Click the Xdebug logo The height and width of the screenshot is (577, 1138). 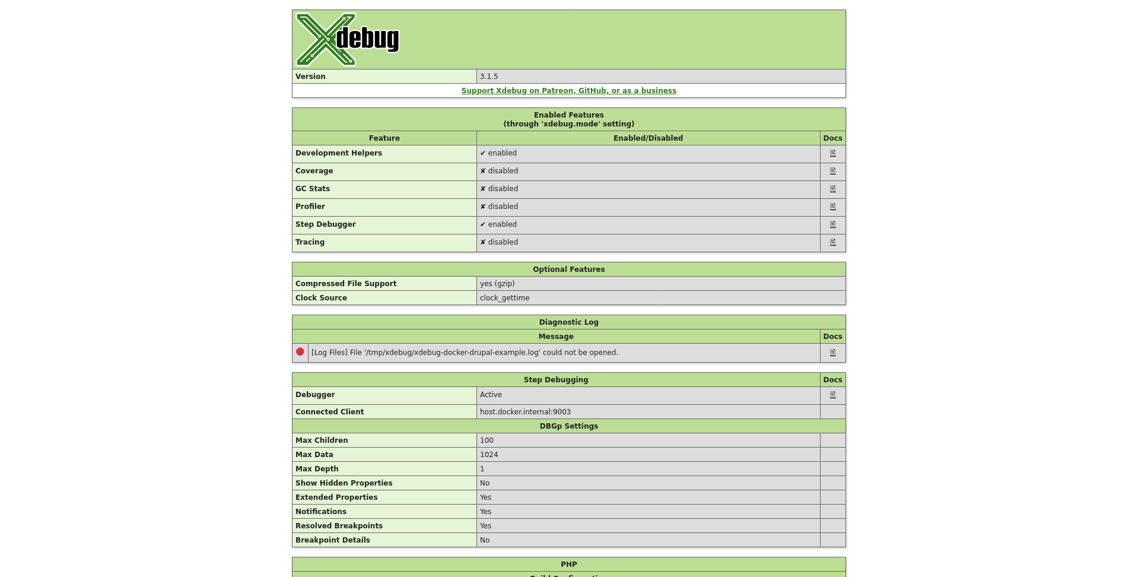coord(347,39)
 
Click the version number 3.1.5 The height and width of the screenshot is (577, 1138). coord(489,77)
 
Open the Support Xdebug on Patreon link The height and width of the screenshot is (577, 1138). coord(568,91)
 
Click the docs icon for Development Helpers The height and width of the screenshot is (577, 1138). coord(832,153)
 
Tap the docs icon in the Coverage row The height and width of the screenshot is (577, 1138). coord(832,171)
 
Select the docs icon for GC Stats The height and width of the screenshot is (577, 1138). coord(832,189)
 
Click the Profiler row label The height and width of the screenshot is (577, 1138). coord(310,207)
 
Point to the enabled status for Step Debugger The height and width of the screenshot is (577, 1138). coord(498,224)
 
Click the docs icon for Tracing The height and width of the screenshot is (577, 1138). coord(832,242)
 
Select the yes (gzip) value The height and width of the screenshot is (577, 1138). coord(497,284)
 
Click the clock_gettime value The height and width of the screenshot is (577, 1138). coord(504,298)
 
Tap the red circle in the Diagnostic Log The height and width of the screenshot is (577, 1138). coord(300,352)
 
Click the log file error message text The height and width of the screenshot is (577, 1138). coord(465,353)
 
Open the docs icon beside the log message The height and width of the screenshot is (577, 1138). coord(832,353)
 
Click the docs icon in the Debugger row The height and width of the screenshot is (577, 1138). coord(832,395)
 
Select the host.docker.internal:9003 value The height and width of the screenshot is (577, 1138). coord(525,412)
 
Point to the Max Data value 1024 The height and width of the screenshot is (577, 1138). coord(489,455)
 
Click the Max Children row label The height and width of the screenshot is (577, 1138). coord(322,440)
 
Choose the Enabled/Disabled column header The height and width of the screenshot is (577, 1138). coord(648,138)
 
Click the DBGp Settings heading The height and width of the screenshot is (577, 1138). coord(568,426)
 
